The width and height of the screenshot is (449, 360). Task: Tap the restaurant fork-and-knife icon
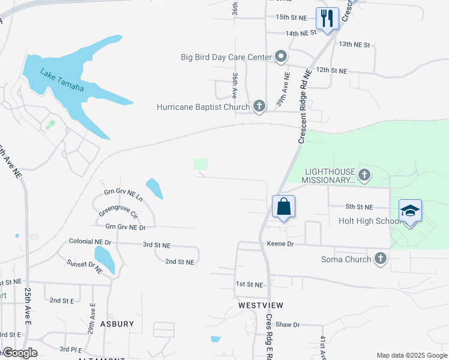click(x=327, y=17)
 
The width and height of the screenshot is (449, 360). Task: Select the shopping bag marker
click(x=284, y=206)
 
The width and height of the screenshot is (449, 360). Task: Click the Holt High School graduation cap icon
click(x=411, y=211)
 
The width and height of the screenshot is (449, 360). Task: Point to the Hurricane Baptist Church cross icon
click(x=259, y=107)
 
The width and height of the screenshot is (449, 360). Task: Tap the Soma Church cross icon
click(x=379, y=258)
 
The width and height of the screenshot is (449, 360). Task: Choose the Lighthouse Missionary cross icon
click(x=364, y=175)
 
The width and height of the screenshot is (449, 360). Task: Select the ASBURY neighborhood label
click(x=117, y=324)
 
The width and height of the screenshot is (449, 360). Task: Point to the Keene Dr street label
click(x=280, y=244)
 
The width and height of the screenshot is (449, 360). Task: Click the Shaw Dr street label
click(x=288, y=325)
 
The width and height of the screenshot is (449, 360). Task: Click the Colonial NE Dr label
click(x=91, y=242)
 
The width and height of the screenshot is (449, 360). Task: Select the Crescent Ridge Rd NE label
click(x=305, y=106)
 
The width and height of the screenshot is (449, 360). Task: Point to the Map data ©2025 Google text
click(x=411, y=355)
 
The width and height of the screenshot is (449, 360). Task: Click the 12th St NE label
click(x=331, y=70)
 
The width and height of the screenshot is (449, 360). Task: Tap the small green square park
click(x=201, y=164)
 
